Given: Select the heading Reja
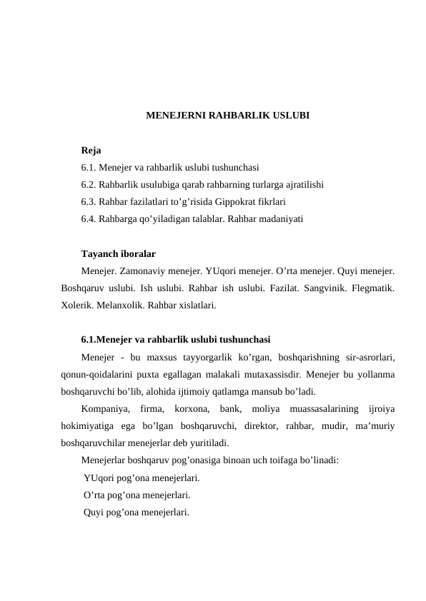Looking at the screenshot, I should point(91,151).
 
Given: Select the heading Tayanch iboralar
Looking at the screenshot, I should point(119,254).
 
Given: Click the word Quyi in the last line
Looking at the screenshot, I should point(94,512).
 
